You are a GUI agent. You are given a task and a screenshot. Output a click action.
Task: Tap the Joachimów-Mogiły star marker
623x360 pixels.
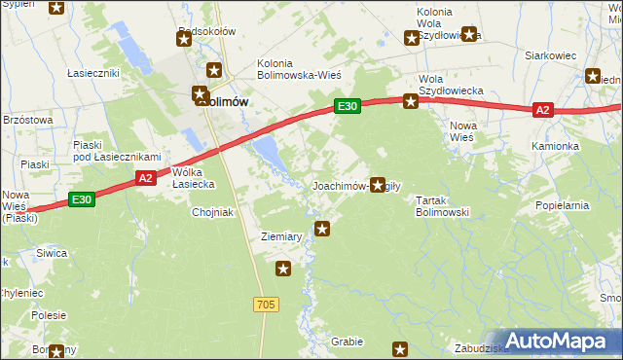pos(378,184)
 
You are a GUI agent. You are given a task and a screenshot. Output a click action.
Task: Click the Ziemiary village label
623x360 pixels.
pos(280,236)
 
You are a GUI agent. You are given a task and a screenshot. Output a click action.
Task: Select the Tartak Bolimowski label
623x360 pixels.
pos(443,205)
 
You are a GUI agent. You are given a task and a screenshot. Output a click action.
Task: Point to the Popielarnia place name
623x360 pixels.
pos(563,206)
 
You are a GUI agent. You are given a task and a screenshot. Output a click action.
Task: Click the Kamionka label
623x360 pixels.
pos(555,146)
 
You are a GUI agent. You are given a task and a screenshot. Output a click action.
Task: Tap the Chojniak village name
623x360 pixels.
pos(214,212)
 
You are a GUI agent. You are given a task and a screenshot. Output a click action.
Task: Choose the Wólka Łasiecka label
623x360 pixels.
pos(193,178)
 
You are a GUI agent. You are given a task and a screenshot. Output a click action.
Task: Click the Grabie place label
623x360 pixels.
pos(347,342)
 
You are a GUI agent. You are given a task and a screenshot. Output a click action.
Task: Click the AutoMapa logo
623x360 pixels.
pos(558,341)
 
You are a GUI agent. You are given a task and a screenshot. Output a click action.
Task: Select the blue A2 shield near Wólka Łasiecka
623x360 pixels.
pos(144,177)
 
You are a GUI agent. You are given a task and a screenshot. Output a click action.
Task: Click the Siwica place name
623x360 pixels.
pos(52,253)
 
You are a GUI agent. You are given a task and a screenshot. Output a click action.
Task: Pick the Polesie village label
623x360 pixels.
pos(48,315)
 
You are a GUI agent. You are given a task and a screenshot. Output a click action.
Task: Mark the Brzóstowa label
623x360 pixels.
pos(27,119)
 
